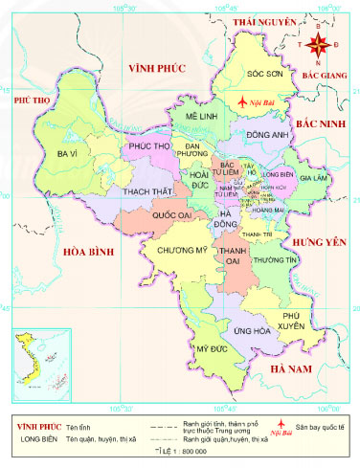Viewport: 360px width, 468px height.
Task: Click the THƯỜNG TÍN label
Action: [278, 259]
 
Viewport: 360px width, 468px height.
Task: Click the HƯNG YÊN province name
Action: [322, 241]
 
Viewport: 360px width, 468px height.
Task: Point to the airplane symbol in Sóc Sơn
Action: [243, 100]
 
